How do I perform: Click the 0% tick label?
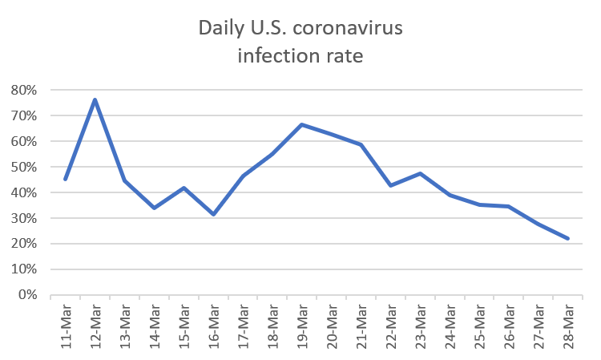pos(29,295)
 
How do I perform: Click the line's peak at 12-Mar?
pos(95,99)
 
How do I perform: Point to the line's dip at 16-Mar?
pos(213,214)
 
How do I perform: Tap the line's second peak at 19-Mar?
pos(302,124)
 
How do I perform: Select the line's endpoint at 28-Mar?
pos(568,238)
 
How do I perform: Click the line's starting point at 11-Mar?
pos(66,179)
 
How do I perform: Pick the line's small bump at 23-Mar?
pos(421,172)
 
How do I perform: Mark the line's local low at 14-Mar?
pos(154,207)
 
